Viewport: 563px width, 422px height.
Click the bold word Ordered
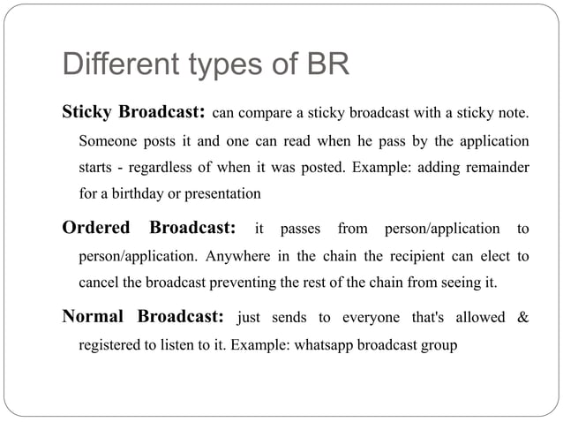pos(95,229)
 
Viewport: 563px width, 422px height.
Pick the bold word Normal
pos(93,315)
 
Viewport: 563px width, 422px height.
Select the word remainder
pos(499,167)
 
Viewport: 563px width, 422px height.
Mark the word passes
pos(300,230)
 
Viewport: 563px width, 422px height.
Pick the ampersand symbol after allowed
pos(523,316)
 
